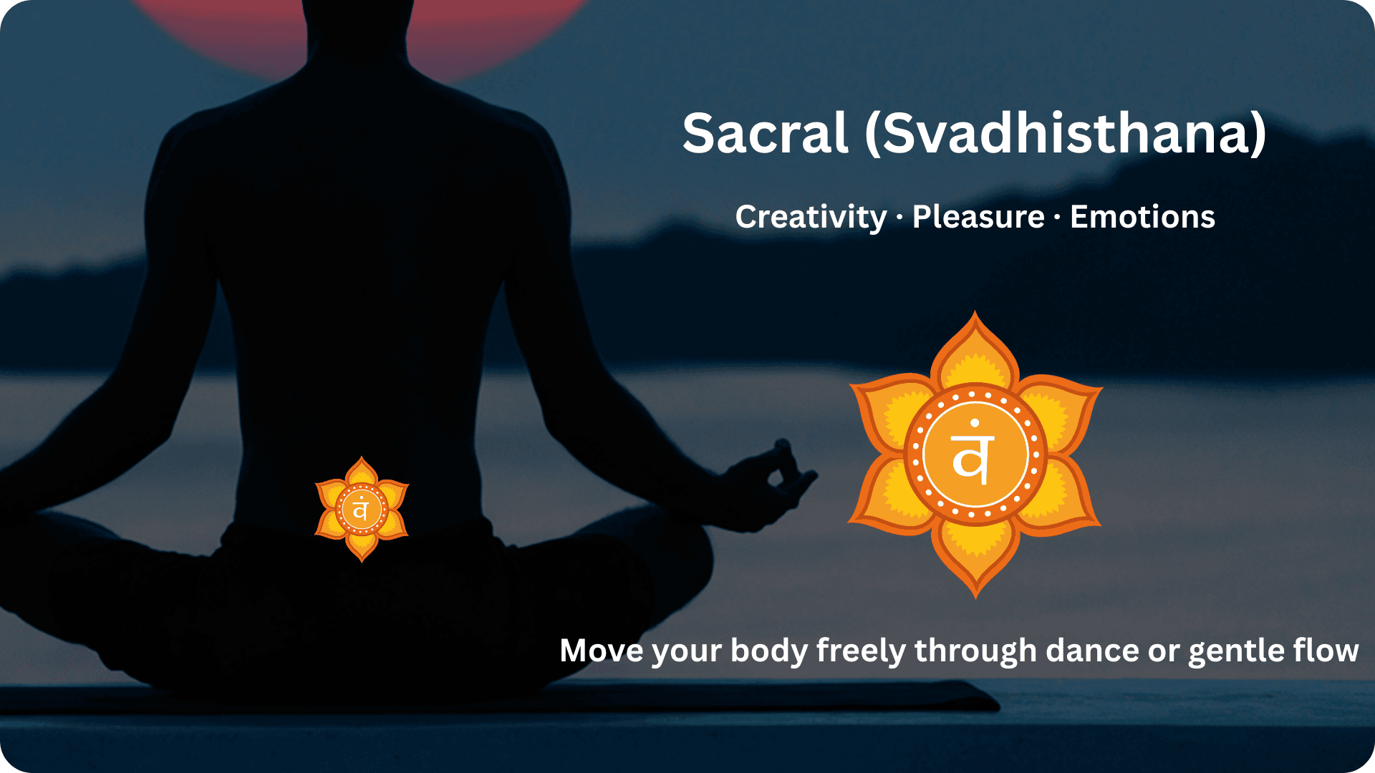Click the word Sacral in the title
[765, 134]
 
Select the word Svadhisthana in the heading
[1067, 134]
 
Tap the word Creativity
[811, 217]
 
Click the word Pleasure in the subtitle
[978, 217]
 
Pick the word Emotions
[1142, 217]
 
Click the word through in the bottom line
[975, 652]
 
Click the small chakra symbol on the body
[362, 510]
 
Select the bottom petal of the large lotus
[975, 558]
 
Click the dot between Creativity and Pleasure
[899, 218]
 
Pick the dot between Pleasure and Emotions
[1057, 218]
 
